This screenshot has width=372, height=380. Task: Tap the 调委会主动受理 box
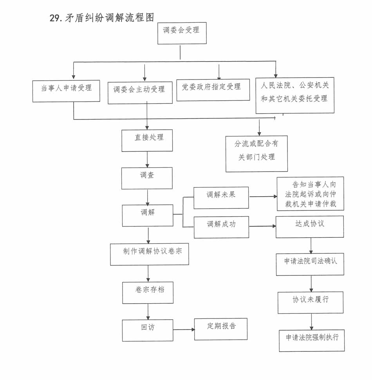(140, 92)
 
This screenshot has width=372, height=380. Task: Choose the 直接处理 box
(147, 140)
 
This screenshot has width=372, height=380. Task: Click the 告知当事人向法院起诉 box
(310, 194)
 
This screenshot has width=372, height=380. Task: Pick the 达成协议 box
(310, 226)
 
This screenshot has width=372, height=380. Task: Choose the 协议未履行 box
(311, 302)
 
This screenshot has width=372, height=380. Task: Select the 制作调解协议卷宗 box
(150, 254)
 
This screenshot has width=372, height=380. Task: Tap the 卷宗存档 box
(148, 292)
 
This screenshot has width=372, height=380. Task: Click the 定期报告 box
(221, 329)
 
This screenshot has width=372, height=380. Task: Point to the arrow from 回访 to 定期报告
(184, 329)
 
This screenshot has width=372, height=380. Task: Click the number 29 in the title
(54, 18)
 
